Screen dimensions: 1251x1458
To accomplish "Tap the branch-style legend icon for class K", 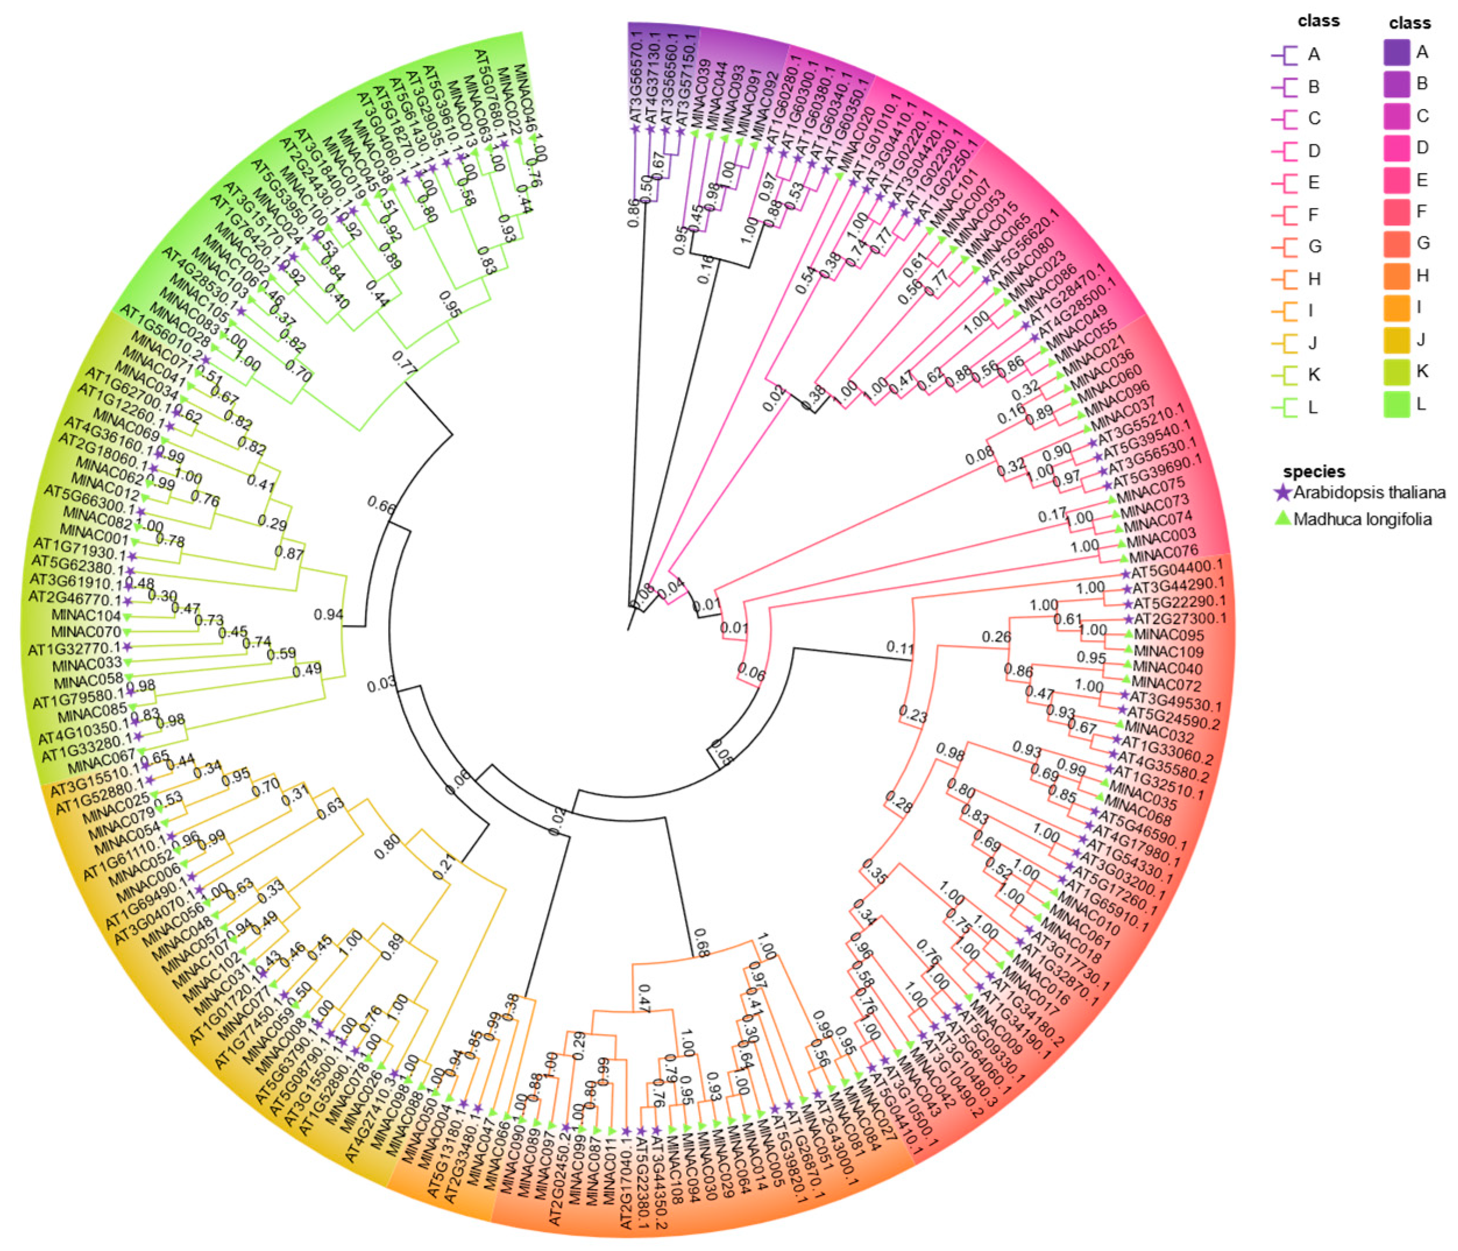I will point(1285,375).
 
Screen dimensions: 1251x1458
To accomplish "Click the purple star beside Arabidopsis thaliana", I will point(1283,493).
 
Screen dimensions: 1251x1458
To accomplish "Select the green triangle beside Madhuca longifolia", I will point(1283,518).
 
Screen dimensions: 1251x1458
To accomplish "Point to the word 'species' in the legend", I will point(1314,471).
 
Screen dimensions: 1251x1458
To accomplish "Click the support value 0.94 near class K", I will point(328,614).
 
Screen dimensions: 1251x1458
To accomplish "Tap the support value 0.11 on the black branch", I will point(899,646).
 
